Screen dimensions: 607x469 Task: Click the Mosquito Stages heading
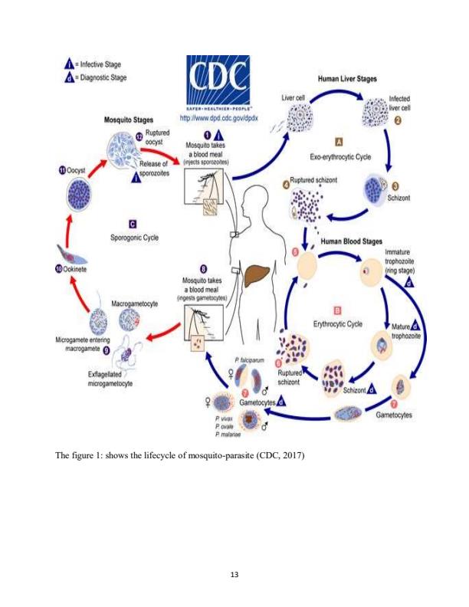pyautogui.click(x=128, y=120)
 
